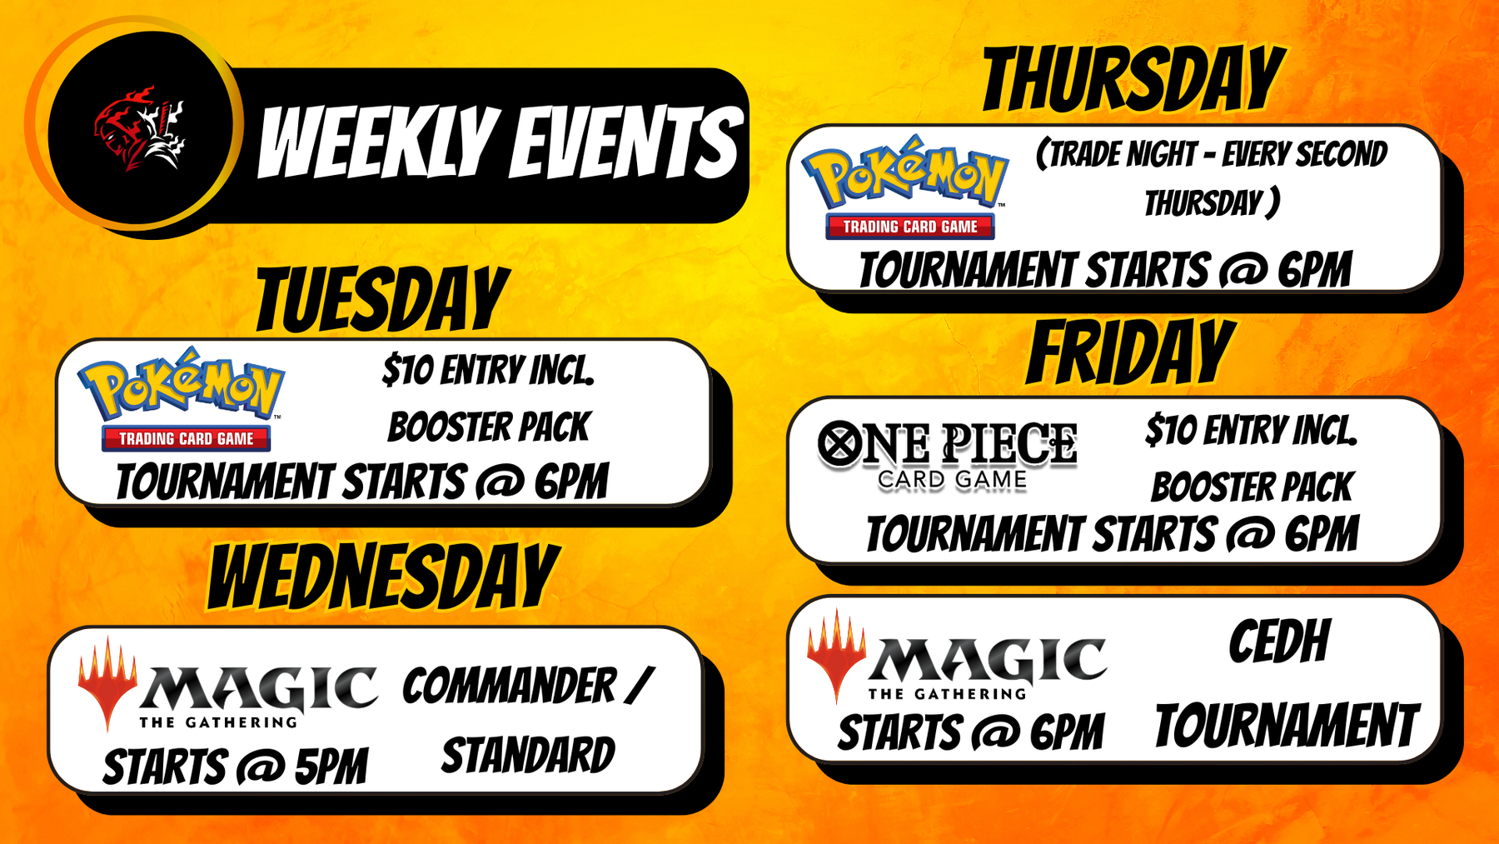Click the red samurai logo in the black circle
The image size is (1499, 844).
pos(139,128)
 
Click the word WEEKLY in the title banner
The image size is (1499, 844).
pos(379,142)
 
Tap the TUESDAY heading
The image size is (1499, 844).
pos(382,300)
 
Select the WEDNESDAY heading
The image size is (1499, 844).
pos(383,576)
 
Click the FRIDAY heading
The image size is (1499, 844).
pos(1130,352)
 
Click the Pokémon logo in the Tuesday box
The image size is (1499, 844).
pos(182,399)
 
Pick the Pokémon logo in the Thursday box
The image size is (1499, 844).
pos(906,187)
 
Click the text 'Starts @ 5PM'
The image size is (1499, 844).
pos(235,767)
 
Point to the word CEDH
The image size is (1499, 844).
pos(1279,642)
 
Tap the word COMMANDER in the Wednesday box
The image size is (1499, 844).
pos(510,687)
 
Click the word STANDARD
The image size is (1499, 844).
pos(528,757)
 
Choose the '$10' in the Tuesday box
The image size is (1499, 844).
pos(407,370)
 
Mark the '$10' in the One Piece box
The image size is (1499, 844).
pos(1170,431)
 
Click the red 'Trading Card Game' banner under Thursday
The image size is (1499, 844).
pos(910,227)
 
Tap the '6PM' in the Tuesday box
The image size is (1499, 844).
pos(571,482)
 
